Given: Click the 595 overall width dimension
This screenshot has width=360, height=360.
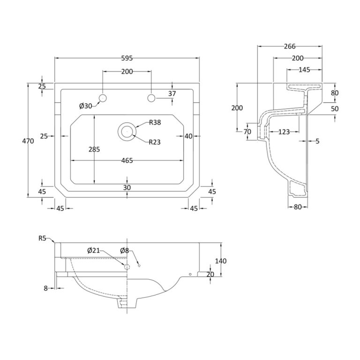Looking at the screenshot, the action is click(127, 58).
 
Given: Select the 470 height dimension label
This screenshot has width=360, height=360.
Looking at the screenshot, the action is click(28, 141).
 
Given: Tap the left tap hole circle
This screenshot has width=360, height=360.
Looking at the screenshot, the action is click(103, 98).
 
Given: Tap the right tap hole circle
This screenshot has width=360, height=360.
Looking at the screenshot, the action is click(151, 98).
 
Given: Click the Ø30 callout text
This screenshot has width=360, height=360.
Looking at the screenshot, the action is click(86, 106).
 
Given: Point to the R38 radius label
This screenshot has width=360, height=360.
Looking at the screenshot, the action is click(155, 122).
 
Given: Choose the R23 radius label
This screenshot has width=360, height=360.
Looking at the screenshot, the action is click(155, 142).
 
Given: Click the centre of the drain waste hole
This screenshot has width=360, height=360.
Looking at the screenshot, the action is click(127, 132).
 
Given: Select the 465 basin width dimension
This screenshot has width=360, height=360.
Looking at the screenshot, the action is click(127, 160).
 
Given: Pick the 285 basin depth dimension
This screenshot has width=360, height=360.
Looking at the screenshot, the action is click(94, 150).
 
